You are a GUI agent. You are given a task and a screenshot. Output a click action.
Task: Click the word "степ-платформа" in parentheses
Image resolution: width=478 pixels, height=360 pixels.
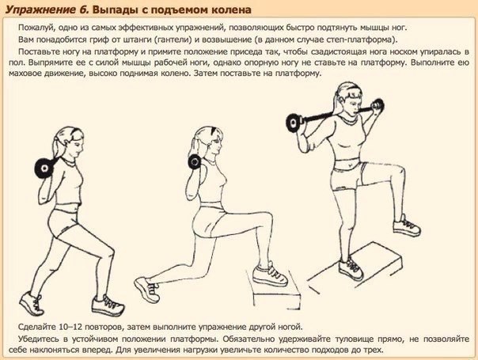click(362, 40)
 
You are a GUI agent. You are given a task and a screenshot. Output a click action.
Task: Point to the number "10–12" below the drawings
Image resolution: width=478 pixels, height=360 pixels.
click(71, 327)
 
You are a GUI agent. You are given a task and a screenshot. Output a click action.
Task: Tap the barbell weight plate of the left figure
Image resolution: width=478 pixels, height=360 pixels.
click(44, 168)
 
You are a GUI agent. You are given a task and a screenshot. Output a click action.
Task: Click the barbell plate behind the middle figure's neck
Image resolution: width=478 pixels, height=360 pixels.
click(194, 162)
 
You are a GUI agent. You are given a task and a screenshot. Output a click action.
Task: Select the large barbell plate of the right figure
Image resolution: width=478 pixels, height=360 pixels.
click(294, 123)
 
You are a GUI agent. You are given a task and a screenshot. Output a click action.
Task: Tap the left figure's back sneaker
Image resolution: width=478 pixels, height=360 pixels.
click(32, 303)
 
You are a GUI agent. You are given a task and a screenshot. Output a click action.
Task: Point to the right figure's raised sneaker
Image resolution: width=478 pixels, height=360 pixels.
click(407, 225)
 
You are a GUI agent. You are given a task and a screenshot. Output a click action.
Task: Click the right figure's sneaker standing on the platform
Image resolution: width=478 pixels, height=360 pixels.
click(351, 269)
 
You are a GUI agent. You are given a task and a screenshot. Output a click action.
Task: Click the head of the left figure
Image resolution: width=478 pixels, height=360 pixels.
click(69, 142)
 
